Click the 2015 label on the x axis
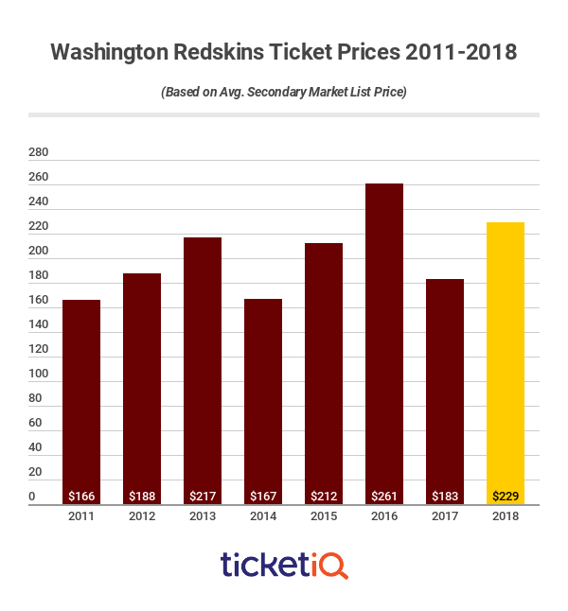(323, 517)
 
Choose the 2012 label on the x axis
(141, 517)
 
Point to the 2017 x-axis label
(444, 517)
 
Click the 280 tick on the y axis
(38, 152)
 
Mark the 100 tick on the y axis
(38, 374)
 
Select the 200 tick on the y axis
(38, 251)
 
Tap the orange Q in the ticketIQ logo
(336, 566)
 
